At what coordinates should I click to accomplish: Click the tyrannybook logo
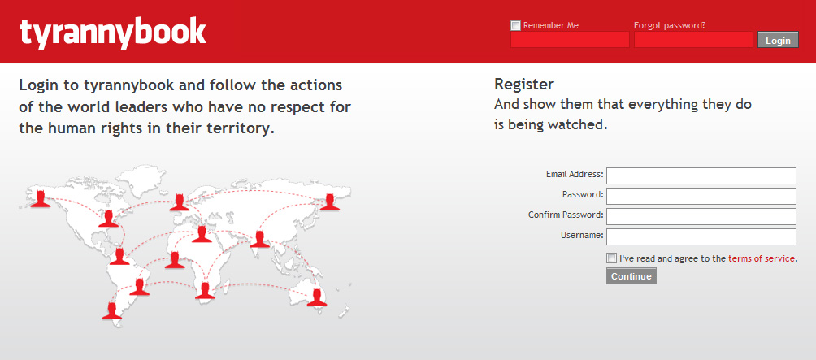pyautogui.click(x=112, y=33)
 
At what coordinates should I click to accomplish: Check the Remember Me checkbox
pyautogui.click(x=516, y=25)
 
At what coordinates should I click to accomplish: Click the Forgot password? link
pyautogui.click(x=669, y=25)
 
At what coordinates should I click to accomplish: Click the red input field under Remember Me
pyautogui.click(x=570, y=40)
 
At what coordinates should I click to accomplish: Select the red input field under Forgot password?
pyautogui.click(x=693, y=40)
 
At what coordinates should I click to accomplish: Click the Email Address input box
pyautogui.click(x=701, y=176)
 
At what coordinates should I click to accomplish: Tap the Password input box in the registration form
pyautogui.click(x=701, y=196)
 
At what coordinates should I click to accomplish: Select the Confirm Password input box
pyautogui.click(x=701, y=216)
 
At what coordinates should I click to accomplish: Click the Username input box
pyautogui.click(x=701, y=236)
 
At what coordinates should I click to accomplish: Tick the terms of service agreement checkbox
pyautogui.click(x=611, y=258)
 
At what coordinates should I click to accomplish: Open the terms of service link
pyautogui.click(x=762, y=258)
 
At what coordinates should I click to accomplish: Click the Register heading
pyautogui.click(x=524, y=84)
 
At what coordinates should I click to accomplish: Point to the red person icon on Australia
pyautogui.click(x=316, y=297)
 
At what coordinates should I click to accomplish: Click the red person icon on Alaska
pyautogui.click(x=40, y=199)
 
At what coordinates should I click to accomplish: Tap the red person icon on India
pyautogui.click(x=260, y=239)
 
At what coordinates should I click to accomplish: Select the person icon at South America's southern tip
pyautogui.click(x=111, y=310)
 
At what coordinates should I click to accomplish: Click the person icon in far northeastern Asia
pyautogui.click(x=329, y=202)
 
